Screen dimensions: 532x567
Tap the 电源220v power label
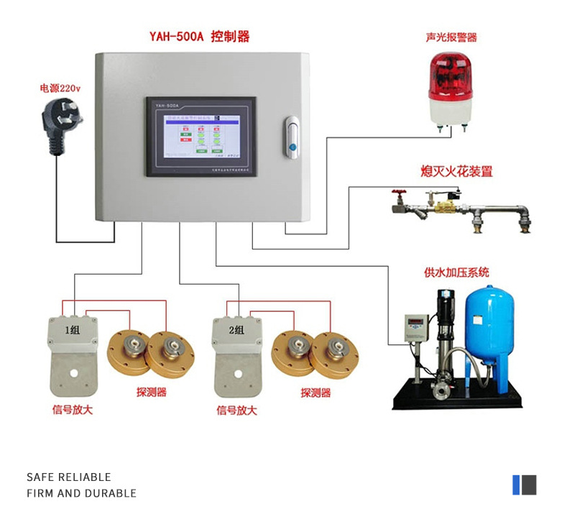[x=60, y=88]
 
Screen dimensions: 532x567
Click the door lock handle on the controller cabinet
[x=291, y=137]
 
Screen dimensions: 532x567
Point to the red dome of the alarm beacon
[x=450, y=75]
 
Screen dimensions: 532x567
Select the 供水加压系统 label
[x=456, y=272]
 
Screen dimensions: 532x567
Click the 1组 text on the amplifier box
[x=73, y=331]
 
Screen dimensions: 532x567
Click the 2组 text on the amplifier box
[x=236, y=331]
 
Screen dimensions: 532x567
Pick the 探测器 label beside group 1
[x=152, y=393]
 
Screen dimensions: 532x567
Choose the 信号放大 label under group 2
[x=236, y=411]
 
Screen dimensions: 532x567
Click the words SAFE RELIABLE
[x=69, y=477]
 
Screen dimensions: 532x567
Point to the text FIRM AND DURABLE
[x=81, y=493]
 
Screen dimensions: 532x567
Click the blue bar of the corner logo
[x=516, y=485]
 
